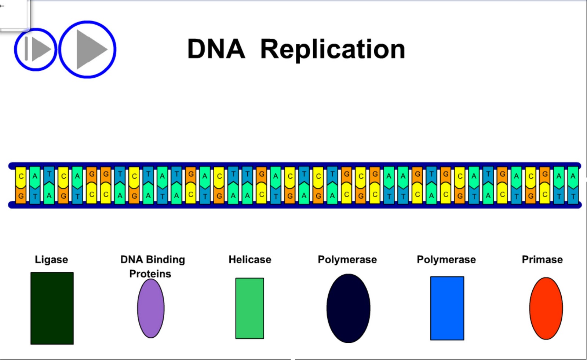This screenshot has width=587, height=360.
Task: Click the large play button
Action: tap(87, 49)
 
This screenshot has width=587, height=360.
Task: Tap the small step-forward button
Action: tap(36, 49)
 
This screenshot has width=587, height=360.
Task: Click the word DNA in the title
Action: tap(216, 49)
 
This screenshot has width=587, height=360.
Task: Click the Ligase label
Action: tap(51, 260)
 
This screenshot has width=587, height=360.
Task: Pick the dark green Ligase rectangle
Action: tap(52, 308)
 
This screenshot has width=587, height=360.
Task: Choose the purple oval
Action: tap(151, 308)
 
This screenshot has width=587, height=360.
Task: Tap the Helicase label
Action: tap(250, 260)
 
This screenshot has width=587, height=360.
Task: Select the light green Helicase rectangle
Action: tap(249, 308)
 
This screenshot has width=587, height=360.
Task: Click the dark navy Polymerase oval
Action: tap(348, 308)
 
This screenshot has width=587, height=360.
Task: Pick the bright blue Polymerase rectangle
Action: tap(447, 308)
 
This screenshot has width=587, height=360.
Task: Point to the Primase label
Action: tap(542, 260)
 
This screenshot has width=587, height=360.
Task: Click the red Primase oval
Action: tap(546, 308)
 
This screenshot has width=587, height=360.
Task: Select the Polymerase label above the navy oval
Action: tap(347, 260)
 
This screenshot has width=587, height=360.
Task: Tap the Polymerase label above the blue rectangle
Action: tap(446, 260)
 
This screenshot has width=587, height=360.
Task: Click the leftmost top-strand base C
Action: tap(21, 176)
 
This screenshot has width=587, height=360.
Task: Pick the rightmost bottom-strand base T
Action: tap(573, 196)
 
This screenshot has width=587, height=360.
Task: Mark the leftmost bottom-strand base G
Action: tap(21, 196)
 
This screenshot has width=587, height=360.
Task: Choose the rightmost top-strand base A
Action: tap(573, 176)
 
